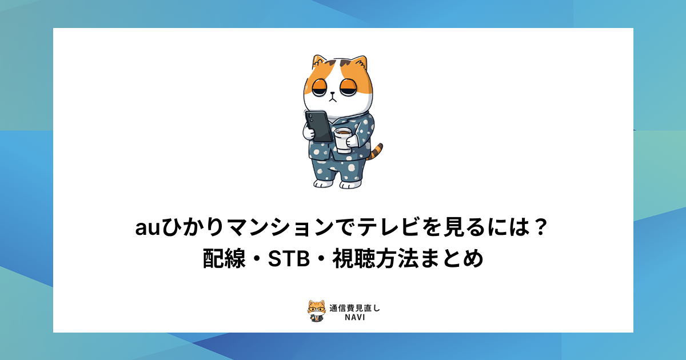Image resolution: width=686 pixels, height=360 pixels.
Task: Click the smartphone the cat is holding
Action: (x=318, y=126)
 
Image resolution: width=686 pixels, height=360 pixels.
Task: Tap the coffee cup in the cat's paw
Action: (x=343, y=140)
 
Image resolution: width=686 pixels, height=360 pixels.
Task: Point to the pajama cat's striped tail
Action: (x=376, y=152)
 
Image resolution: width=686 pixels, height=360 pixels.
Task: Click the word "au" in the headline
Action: (x=147, y=228)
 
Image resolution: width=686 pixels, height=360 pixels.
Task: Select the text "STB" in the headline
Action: (x=289, y=259)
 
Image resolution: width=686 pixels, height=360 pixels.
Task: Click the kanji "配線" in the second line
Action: (x=224, y=259)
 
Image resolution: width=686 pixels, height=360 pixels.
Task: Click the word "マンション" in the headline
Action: (x=281, y=227)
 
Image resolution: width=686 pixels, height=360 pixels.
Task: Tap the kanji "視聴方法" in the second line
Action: (x=376, y=259)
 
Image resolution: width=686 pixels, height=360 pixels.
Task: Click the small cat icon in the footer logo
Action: (x=317, y=311)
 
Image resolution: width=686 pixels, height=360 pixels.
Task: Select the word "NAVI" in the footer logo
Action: (x=355, y=318)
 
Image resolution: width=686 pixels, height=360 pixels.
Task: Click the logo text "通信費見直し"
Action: (x=354, y=308)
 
